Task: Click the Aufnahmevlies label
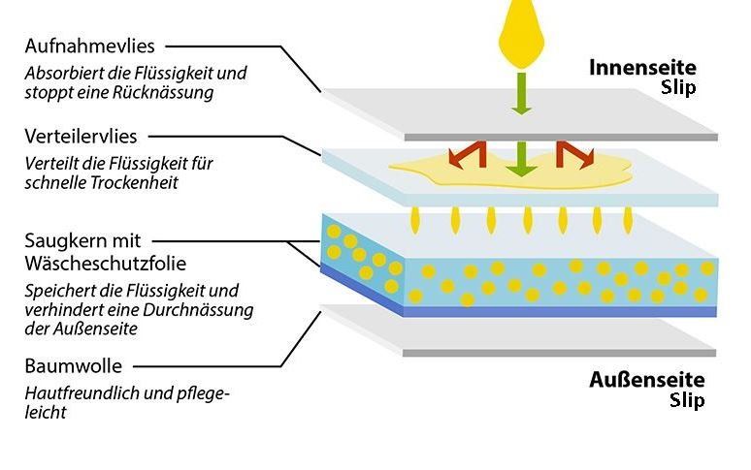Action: (x=89, y=47)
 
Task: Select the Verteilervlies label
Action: (x=81, y=137)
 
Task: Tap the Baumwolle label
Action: (x=74, y=366)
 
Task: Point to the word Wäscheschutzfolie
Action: (x=106, y=264)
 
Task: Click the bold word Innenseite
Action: (x=642, y=68)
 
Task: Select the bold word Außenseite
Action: (x=647, y=380)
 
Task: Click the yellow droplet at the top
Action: (x=521, y=35)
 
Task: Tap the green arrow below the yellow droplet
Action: (x=521, y=94)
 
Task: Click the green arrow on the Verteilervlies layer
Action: (x=521, y=159)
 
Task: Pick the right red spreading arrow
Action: (x=574, y=155)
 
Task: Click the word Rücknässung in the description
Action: (x=164, y=93)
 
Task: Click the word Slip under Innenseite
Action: (x=678, y=88)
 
